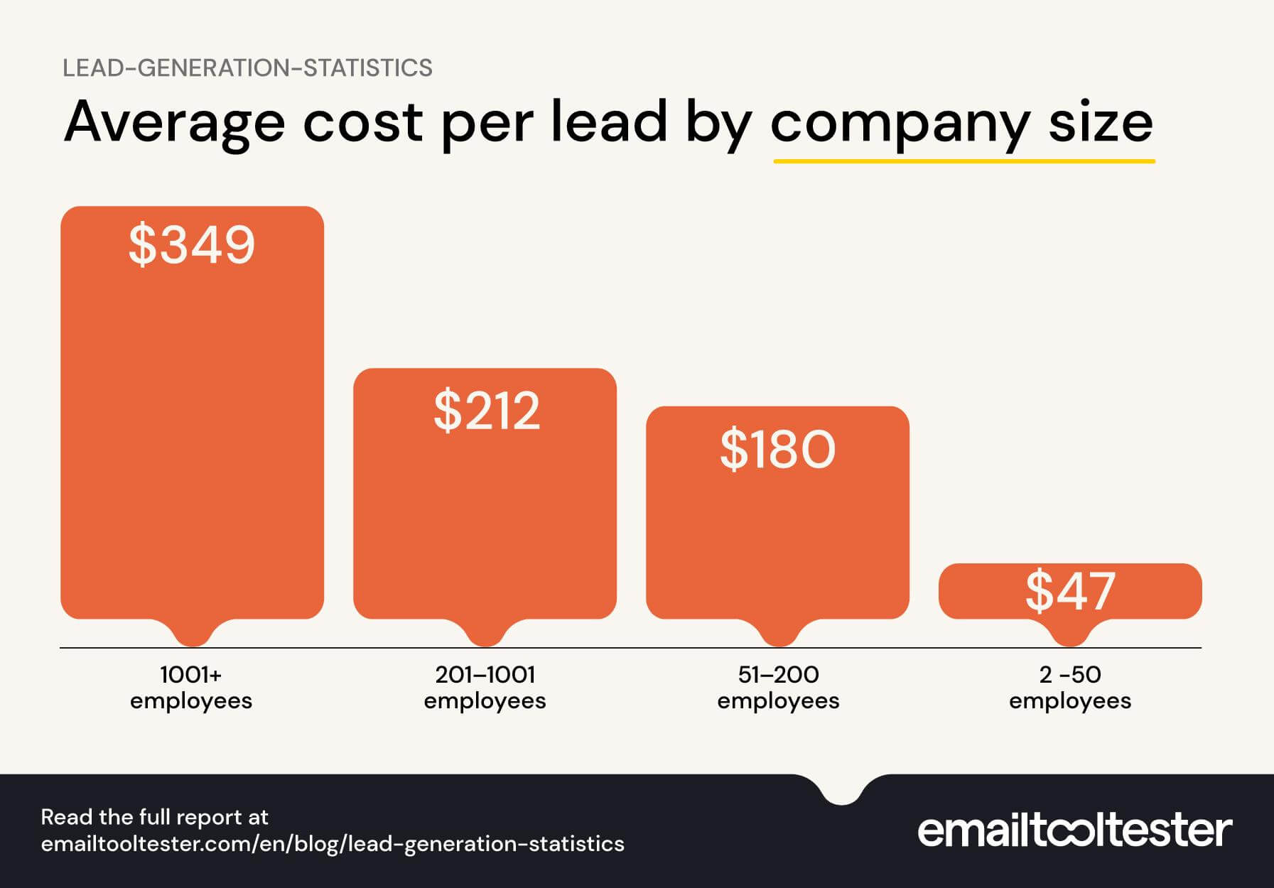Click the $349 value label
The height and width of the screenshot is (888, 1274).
(191, 245)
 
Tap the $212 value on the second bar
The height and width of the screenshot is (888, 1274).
(486, 411)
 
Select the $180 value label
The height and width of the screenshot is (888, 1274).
(777, 450)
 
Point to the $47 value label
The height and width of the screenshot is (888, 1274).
(1070, 591)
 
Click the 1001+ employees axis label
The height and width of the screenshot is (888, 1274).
(191, 687)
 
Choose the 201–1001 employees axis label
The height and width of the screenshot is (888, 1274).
(485, 687)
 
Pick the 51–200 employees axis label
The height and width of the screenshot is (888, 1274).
(778, 687)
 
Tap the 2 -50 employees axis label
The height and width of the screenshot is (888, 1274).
(1070, 687)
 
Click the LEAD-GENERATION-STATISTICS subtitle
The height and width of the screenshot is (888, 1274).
(247, 68)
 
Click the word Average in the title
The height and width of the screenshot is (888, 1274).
(174, 122)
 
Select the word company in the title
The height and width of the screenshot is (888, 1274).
(900, 122)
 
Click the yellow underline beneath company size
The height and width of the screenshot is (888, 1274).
(963, 161)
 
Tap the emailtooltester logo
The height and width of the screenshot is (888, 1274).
(1074, 830)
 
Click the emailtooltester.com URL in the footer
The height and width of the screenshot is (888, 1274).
(333, 844)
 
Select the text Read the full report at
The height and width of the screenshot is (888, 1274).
(154, 817)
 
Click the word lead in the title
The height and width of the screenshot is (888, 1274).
(609, 122)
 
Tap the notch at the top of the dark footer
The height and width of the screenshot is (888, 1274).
(842, 792)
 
